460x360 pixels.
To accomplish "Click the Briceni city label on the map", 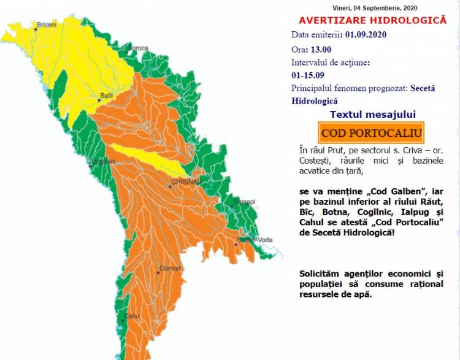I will click(x=46, y=25).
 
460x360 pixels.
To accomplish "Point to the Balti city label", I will click(x=107, y=96).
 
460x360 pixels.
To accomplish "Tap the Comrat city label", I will click(x=169, y=268).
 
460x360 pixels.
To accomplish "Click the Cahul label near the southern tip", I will click(x=132, y=316).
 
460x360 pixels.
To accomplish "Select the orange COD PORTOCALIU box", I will click(x=371, y=132).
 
